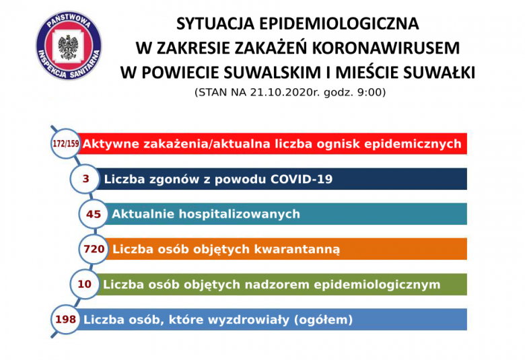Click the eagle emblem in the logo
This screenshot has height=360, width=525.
(x=68, y=47)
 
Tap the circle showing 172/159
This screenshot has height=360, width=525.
(x=66, y=144)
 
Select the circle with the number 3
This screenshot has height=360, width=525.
(x=85, y=179)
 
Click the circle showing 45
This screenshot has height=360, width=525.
(x=94, y=214)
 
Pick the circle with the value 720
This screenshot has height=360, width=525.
(x=94, y=249)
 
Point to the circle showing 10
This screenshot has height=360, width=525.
(x=85, y=285)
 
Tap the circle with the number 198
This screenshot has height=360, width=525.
(x=66, y=319)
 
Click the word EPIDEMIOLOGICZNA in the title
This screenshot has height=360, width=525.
(x=339, y=24)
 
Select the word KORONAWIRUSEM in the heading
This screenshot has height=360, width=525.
(x=386, y=48)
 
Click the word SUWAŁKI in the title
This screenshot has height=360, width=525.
(x=439, y=73)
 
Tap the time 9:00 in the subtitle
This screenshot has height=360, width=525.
(x=370, y=92)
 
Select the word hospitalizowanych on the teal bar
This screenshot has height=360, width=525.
(x=240, y=214)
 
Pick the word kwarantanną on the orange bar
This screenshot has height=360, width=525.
(x=297, y=250)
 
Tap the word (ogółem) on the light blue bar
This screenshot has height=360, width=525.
(x=323, y=320)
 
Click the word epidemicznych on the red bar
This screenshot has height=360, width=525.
(x=413, y=144)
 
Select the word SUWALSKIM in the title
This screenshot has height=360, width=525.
(x=267, y=73)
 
